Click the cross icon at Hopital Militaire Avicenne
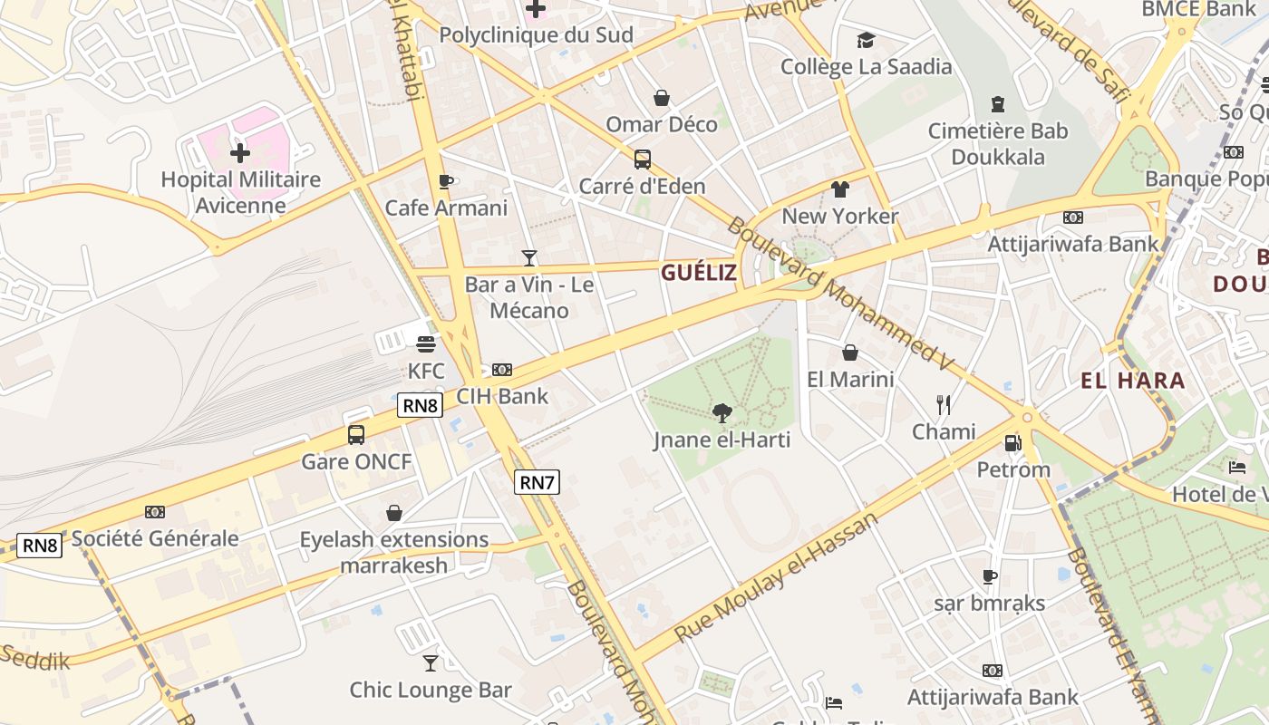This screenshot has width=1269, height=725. [240, 153]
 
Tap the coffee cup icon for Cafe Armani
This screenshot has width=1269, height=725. [445, 181]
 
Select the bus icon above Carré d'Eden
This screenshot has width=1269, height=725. [642, 159]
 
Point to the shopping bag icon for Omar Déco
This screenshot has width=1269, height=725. [662, 98]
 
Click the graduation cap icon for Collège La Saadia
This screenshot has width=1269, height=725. [867, 40]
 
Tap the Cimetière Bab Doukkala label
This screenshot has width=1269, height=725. [998, 144]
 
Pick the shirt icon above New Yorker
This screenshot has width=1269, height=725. [840, 189]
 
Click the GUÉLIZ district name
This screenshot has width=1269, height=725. [698, 273]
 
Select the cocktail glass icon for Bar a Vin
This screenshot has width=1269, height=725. [529, 258]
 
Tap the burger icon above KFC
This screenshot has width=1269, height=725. [426, 344]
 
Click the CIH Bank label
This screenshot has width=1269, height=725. [502, 396]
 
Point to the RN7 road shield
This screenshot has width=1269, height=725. [537, 482]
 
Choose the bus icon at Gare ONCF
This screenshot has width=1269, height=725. [356, 435]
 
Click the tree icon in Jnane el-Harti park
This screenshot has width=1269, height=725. [722, 413]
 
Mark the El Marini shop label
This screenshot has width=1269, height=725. [850, 379]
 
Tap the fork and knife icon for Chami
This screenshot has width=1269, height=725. [944, 404]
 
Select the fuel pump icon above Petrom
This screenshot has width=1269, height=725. [1013, 443]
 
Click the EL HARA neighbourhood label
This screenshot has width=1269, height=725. [1133, 381]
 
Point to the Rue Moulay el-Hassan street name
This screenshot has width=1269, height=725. [777, 577]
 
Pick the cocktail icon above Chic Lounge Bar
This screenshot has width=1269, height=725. [431, 663]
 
